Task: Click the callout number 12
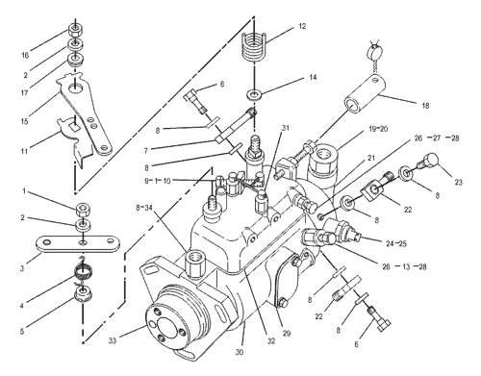(x=302, y=26)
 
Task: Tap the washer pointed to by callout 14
(x=254, y=94)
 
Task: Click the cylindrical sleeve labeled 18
(x=366, y=93)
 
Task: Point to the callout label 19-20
(x=378, y=129)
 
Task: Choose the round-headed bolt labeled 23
(x=428, y=162)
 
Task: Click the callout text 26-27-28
(x=437, y=138)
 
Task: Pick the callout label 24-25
(x=396, y=243)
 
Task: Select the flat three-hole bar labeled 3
(x=77, y=244)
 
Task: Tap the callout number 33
(x=112, y=341)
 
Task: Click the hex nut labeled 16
(x=74, y=32)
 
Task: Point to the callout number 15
(x=24, y=121)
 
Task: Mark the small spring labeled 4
(x=84, y=273)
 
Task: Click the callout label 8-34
(x=143, y=208)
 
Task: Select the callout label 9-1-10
(x=158, y=181)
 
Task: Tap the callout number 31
(x=285, y=128)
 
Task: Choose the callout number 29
(x=287, y=334)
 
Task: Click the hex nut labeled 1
(x=83, y=210)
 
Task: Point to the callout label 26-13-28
(x=404, y=266)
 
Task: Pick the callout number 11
(x=24, y=151)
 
